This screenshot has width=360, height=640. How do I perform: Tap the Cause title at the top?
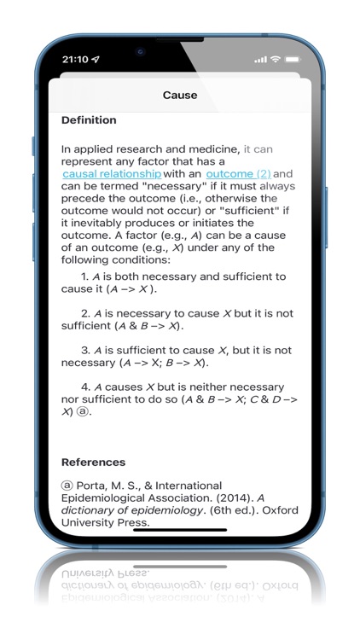(x=180, y=96)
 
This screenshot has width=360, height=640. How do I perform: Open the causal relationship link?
(x=112, y=174)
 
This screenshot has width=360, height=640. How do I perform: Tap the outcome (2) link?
(x=238, y=174)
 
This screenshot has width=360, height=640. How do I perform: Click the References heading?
(x=93, y=463)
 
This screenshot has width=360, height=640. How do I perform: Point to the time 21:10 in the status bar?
(x=76, y=60)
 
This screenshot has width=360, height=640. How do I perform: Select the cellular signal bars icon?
(x=260, y=60)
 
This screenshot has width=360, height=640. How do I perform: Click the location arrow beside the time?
(x=96, y=60)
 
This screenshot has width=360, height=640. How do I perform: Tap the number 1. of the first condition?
(x=85, y=277)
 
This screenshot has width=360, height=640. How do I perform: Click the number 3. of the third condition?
(x=85, y=351)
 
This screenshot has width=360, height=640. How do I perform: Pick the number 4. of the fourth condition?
(x=85, y=387)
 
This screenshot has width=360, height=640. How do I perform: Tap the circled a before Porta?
(x=67, y=486)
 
